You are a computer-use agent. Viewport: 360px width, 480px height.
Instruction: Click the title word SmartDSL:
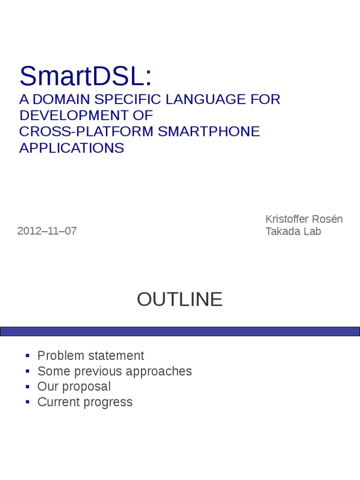click(x=86, y=76)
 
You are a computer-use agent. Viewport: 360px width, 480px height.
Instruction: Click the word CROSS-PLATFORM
click(x=86, y=132)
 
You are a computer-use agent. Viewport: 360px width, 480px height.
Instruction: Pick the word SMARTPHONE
click(x=209, y=132)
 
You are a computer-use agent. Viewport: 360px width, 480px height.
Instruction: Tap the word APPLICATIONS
click(x=72, y=148)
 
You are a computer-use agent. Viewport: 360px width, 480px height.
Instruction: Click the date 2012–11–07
click(x=47, y=231)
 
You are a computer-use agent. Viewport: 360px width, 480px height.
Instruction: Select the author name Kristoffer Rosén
click(x=304, y=219)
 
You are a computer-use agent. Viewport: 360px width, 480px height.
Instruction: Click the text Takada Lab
click(x=293, y=231)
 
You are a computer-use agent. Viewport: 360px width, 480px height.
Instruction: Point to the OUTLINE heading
click(x=180, y=300)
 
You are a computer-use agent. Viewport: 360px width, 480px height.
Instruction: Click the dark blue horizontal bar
click(x=180, y=331)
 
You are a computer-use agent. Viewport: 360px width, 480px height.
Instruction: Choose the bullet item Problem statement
click(x=90, y=356)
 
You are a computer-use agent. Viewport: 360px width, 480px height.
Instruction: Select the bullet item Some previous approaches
click(x=114, y=371)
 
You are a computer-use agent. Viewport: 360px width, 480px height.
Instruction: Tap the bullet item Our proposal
click(x=74, y=387)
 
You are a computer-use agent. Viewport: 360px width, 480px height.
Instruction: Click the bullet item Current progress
click(x=85, y=402)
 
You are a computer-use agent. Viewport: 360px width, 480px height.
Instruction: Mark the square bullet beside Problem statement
click(x=28, y=356)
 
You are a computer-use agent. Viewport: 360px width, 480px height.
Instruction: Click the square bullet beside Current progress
click(x=28, y=402)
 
